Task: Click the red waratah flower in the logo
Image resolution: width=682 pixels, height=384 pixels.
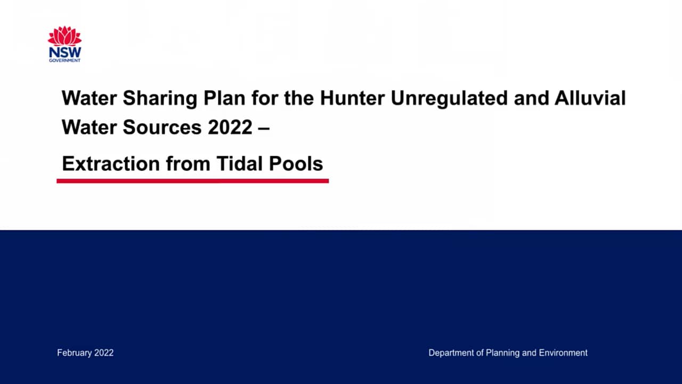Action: pos(64,36)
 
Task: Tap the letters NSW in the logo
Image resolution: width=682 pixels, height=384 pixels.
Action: pos(64,52)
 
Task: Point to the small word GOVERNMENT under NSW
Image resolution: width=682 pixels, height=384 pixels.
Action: pos(64,61)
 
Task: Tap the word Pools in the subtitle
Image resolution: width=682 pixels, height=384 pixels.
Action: pos(296,164)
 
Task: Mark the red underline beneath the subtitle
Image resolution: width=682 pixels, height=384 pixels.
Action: pos(192,181)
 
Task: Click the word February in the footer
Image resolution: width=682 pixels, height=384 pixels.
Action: pos(75,353)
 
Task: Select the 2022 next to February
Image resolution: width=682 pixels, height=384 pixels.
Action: pos(104,353)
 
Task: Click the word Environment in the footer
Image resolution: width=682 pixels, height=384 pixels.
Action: pos(563,353)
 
